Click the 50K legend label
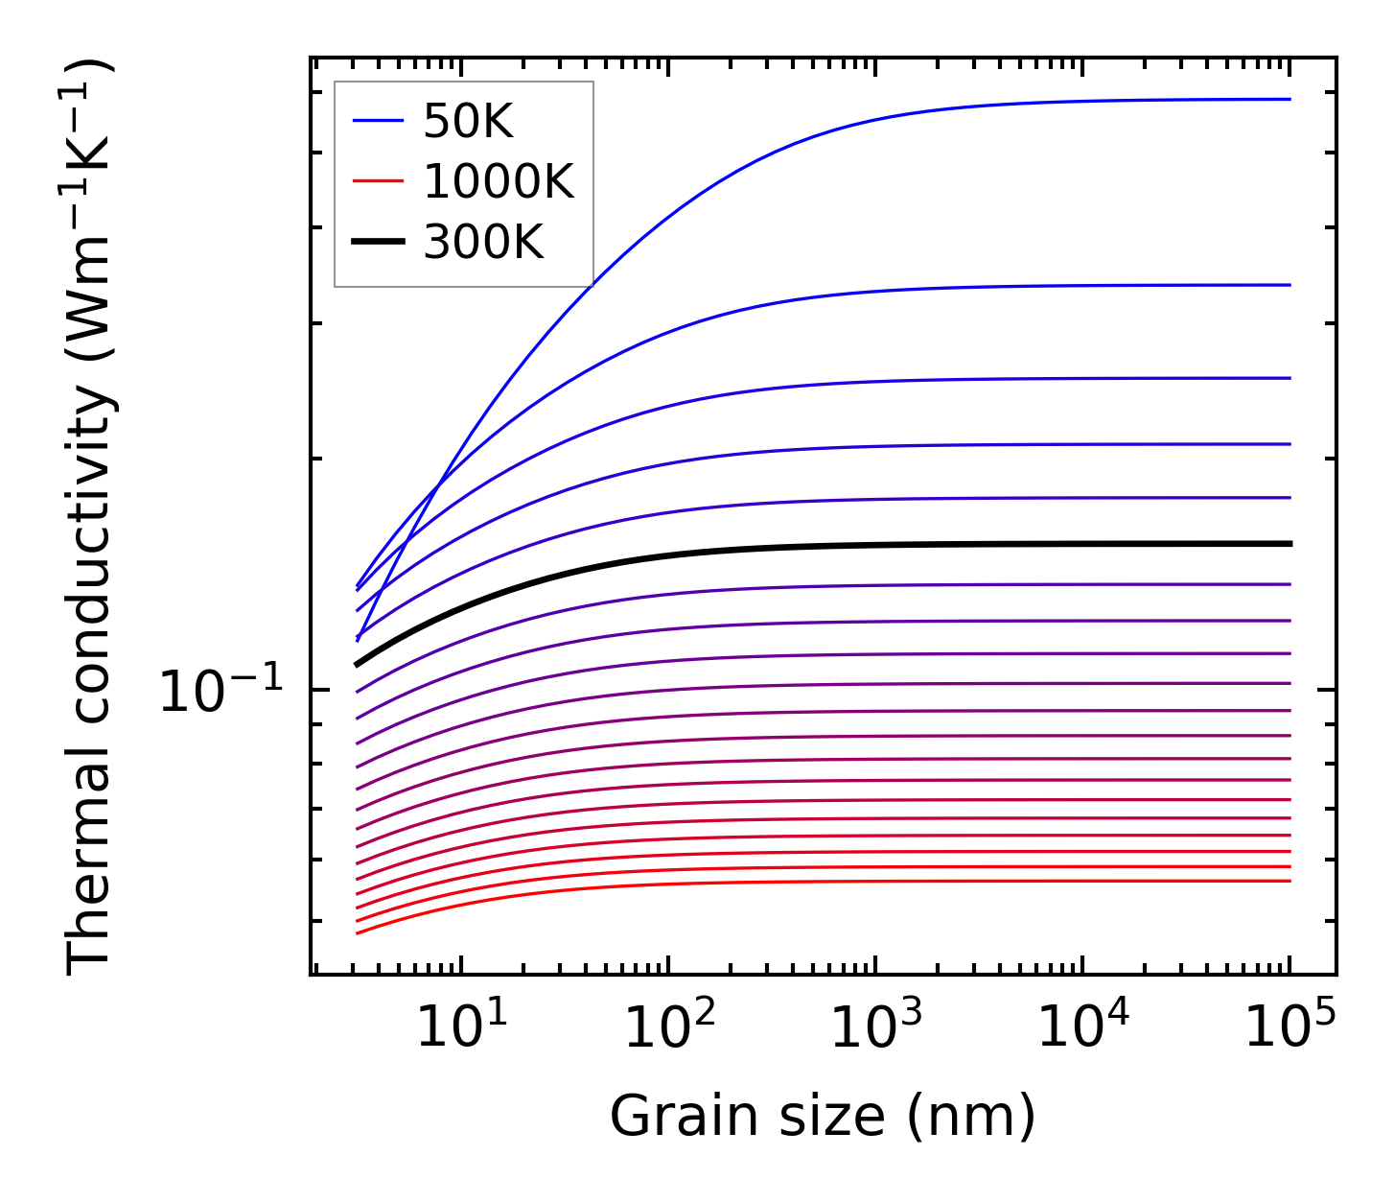[x=468, y=122]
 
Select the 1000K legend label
[x=498, y=181]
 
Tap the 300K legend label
[x=483, y=243]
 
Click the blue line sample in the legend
[x=378, y=121]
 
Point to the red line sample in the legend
[x=378, y=181]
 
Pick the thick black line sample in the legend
[x=378, y=243]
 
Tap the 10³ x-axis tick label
[x=874, y=1028]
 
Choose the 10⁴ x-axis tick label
[x=1081, y=1028]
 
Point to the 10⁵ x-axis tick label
[x=1289, y=1028]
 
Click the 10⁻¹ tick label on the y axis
[x=221, y=691]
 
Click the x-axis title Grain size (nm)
[x=823, y=1117]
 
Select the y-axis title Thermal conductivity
[x=91, y=518]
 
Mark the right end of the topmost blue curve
[x=1289, y=99]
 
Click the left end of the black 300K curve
[x=358, y=664]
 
